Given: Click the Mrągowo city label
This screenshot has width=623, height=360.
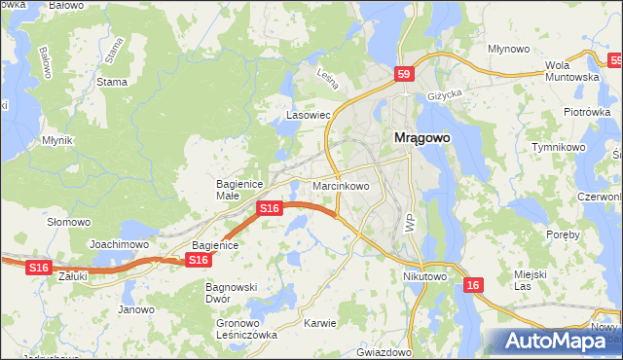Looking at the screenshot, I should (421, 138).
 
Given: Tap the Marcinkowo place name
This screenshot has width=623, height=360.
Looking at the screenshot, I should (341, 185).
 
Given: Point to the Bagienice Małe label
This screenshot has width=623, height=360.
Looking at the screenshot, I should (235, 189).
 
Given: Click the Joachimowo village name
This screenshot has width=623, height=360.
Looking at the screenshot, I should (118, 244).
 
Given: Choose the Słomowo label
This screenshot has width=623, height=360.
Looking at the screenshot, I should (68, 222).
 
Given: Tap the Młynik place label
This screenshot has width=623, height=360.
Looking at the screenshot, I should (58, 140).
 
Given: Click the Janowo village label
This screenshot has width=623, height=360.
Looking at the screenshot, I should (136, 309).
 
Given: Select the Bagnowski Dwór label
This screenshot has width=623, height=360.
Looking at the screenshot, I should (230, 293).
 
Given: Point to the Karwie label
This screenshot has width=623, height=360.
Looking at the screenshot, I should (319, 323).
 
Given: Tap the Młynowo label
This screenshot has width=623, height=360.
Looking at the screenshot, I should (508, 48).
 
